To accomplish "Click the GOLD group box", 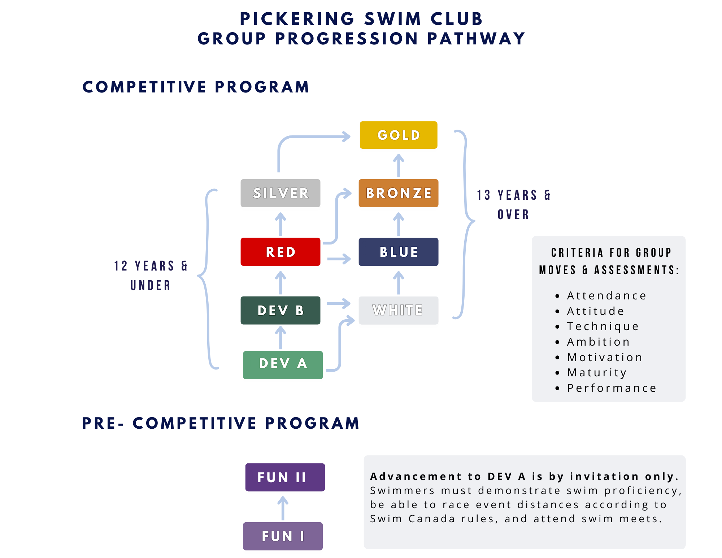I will pos(399,135).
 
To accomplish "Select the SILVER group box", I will pos(280,193).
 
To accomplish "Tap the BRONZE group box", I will pos(399,193).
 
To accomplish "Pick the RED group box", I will pos(280,252).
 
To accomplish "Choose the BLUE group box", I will pos(399,252).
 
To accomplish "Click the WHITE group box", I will pos(399,311).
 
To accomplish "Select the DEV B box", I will pos(280,311).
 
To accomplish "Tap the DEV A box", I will pos(283,364).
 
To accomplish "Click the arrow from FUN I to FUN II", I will pos(283,509).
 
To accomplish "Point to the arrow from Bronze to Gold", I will pos(399,165).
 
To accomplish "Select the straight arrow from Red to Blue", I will pos(339,259).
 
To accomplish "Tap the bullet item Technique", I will pos(603,326).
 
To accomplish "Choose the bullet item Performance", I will pos(612,388).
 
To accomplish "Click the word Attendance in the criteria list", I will pos(606,295).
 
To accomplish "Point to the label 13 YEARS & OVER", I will pos(513,204).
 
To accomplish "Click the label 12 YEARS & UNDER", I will pos(151,275).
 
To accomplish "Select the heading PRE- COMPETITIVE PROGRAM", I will pos(221,423).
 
